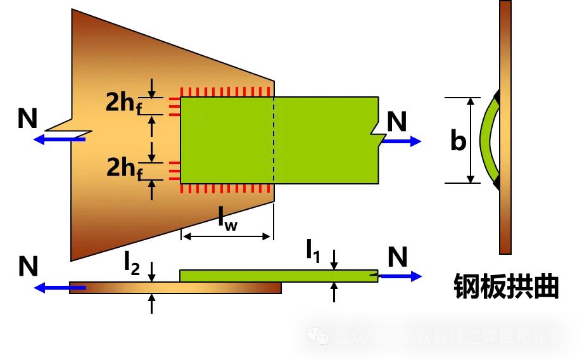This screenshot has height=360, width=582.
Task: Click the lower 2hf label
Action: (x=127, y=169)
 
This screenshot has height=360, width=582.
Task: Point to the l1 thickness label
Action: (x=313, y=251)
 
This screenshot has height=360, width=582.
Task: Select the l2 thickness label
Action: (x=131, y=264)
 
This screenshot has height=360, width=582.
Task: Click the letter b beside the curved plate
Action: (x=457, y=141)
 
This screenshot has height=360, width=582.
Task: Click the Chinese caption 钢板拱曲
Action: (x=507, y=287)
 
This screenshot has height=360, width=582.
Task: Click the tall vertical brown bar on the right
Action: (x=505, y=127)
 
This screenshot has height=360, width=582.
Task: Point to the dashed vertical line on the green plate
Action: (x=274, y=139)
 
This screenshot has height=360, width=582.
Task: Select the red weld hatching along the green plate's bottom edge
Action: (x=227, y=188)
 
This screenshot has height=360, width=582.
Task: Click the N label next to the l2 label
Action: (x=28, y=267)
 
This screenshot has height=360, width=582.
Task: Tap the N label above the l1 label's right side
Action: (x=397, y=257)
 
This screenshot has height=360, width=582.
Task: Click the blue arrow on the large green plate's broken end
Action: (x=402, y=142)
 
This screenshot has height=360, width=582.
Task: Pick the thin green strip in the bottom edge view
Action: (x=279, y=276)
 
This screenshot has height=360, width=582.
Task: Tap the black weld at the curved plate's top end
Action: (x=497, y=96)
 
